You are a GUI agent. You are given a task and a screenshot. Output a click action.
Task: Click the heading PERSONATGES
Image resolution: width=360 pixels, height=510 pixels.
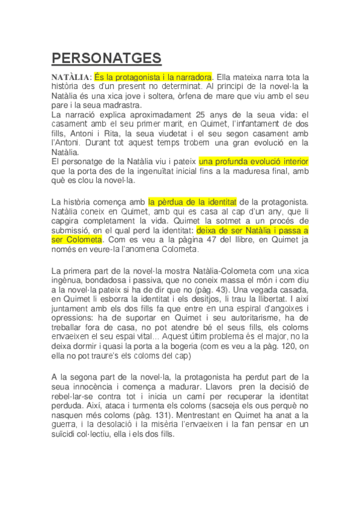pos(106,58)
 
